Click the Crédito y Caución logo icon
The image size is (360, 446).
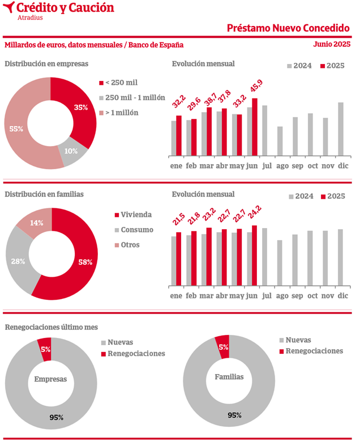[9, 8]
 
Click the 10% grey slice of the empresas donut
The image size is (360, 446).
[71, 152]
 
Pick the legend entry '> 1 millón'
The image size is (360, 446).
[122, 113]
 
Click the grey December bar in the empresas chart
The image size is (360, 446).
[341, 129]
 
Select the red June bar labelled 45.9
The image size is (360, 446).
[255, 127]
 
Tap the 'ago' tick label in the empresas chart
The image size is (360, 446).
[280, 165]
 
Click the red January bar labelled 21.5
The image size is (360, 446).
[179, 258]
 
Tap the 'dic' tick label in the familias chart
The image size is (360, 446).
[342, 295]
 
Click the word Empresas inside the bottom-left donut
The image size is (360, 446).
[50, 379]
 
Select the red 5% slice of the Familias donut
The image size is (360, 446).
[222, 346]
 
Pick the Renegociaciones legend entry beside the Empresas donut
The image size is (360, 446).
[136, 354]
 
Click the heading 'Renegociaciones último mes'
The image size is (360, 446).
[51, 327]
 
